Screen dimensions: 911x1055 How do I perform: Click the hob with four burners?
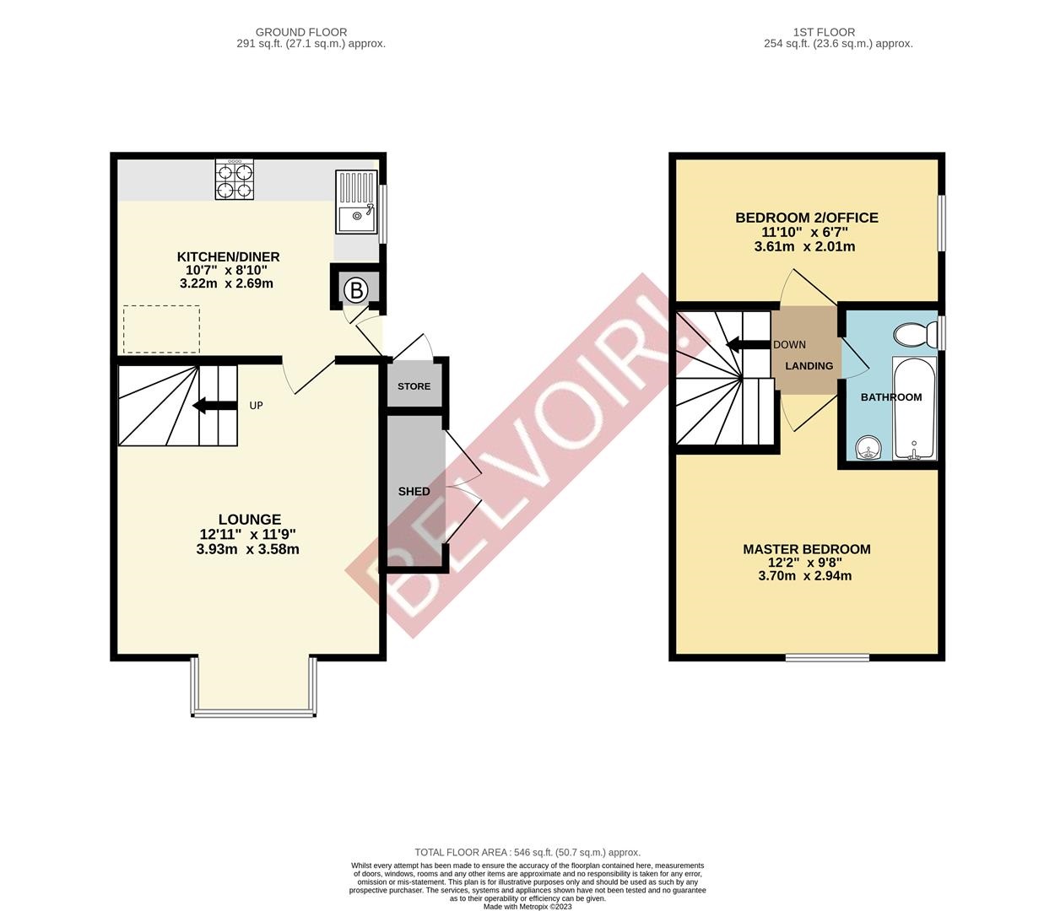(x=235, y=180)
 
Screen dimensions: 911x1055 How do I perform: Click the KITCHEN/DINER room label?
(x=228, y=256)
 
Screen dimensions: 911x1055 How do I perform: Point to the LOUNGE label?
(x=249, y=520)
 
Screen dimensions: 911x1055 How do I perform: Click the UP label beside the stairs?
(x=256, y=406)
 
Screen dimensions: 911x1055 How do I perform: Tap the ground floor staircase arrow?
(x=214, y=406)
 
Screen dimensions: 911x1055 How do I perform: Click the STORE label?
(x=414, y=386)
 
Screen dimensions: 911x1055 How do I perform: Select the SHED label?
(x=414, y=491)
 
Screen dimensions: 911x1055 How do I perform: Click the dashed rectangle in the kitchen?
(x=161, y=329)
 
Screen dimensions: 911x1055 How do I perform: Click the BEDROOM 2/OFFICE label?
(x=807, y=218)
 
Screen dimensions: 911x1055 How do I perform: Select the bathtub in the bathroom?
(x=914, y=409)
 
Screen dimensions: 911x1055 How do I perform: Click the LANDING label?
(x=809, y=366)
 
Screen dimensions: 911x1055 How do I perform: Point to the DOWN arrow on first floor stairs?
(x=745, y=344)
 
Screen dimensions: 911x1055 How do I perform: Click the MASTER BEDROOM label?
(x=806, y=549)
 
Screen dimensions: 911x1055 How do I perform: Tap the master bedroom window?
(x=827, y=657)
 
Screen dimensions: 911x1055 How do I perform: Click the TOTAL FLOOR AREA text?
(x=527, y=853)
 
